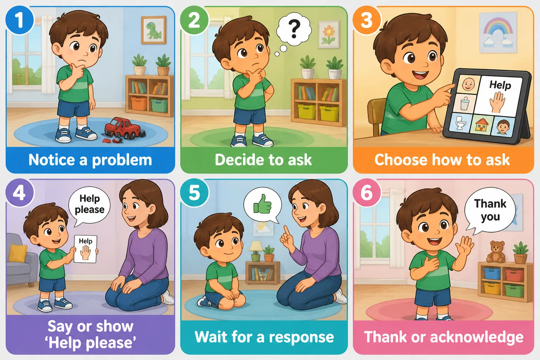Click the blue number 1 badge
point(19,20)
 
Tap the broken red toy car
point(123,129)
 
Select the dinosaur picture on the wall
point(154,30)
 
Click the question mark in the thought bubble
point(294,29)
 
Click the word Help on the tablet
point(500,85)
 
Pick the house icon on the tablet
point(482,125)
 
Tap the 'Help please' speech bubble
point(89,205)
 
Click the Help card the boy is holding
point(85,249)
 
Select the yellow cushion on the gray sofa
point(18,252)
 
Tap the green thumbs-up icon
point(262,204)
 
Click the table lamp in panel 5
point(256,251)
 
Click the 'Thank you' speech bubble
point(490,210)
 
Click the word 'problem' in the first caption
point(122,161)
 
